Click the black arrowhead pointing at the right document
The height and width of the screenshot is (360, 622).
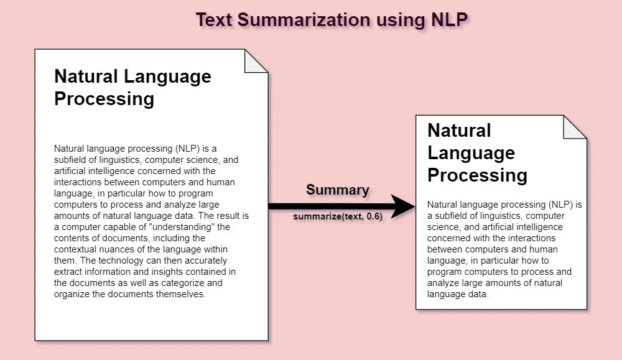click(x=404, y=206)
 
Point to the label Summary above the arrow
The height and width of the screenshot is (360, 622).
click(x=338, y=190)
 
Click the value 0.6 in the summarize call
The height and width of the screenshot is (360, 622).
click(x=371, y=218)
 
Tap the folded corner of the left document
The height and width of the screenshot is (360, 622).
click(x=256, y=60)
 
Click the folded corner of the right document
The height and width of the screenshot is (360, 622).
click(x=575, y=127)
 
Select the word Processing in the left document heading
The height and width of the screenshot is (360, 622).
click(x=104, y=99)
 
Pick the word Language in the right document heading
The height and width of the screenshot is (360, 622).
click(x=471, y=153)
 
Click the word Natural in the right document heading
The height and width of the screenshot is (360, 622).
click(x=460, y=131)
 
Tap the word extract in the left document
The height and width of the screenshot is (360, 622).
click(x=68, y=272)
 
